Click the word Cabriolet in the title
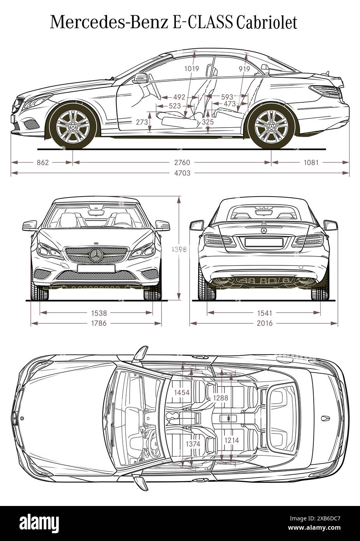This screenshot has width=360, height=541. (x=267, y=23)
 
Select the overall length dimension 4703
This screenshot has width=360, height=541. (x=181, y=173)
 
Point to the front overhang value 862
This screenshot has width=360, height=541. (x=42, y=162)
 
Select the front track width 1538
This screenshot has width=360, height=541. (x=99, y=313)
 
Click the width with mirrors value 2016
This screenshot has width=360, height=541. (x=265, y=323)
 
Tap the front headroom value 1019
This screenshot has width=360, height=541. (x=191, y=69)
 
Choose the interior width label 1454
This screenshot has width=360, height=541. (x=182, y=393)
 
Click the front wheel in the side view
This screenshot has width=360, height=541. (x=73, y=125)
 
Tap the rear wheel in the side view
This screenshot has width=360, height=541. (x=271, y=125)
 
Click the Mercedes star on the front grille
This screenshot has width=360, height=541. (x=95, y=255)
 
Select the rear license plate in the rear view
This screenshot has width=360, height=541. (x=263, y=242)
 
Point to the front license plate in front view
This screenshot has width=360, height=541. (x=96, y=268)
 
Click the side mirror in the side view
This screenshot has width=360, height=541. (x=140, y=78)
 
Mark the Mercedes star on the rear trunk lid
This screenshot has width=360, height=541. (x=263, y=231)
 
